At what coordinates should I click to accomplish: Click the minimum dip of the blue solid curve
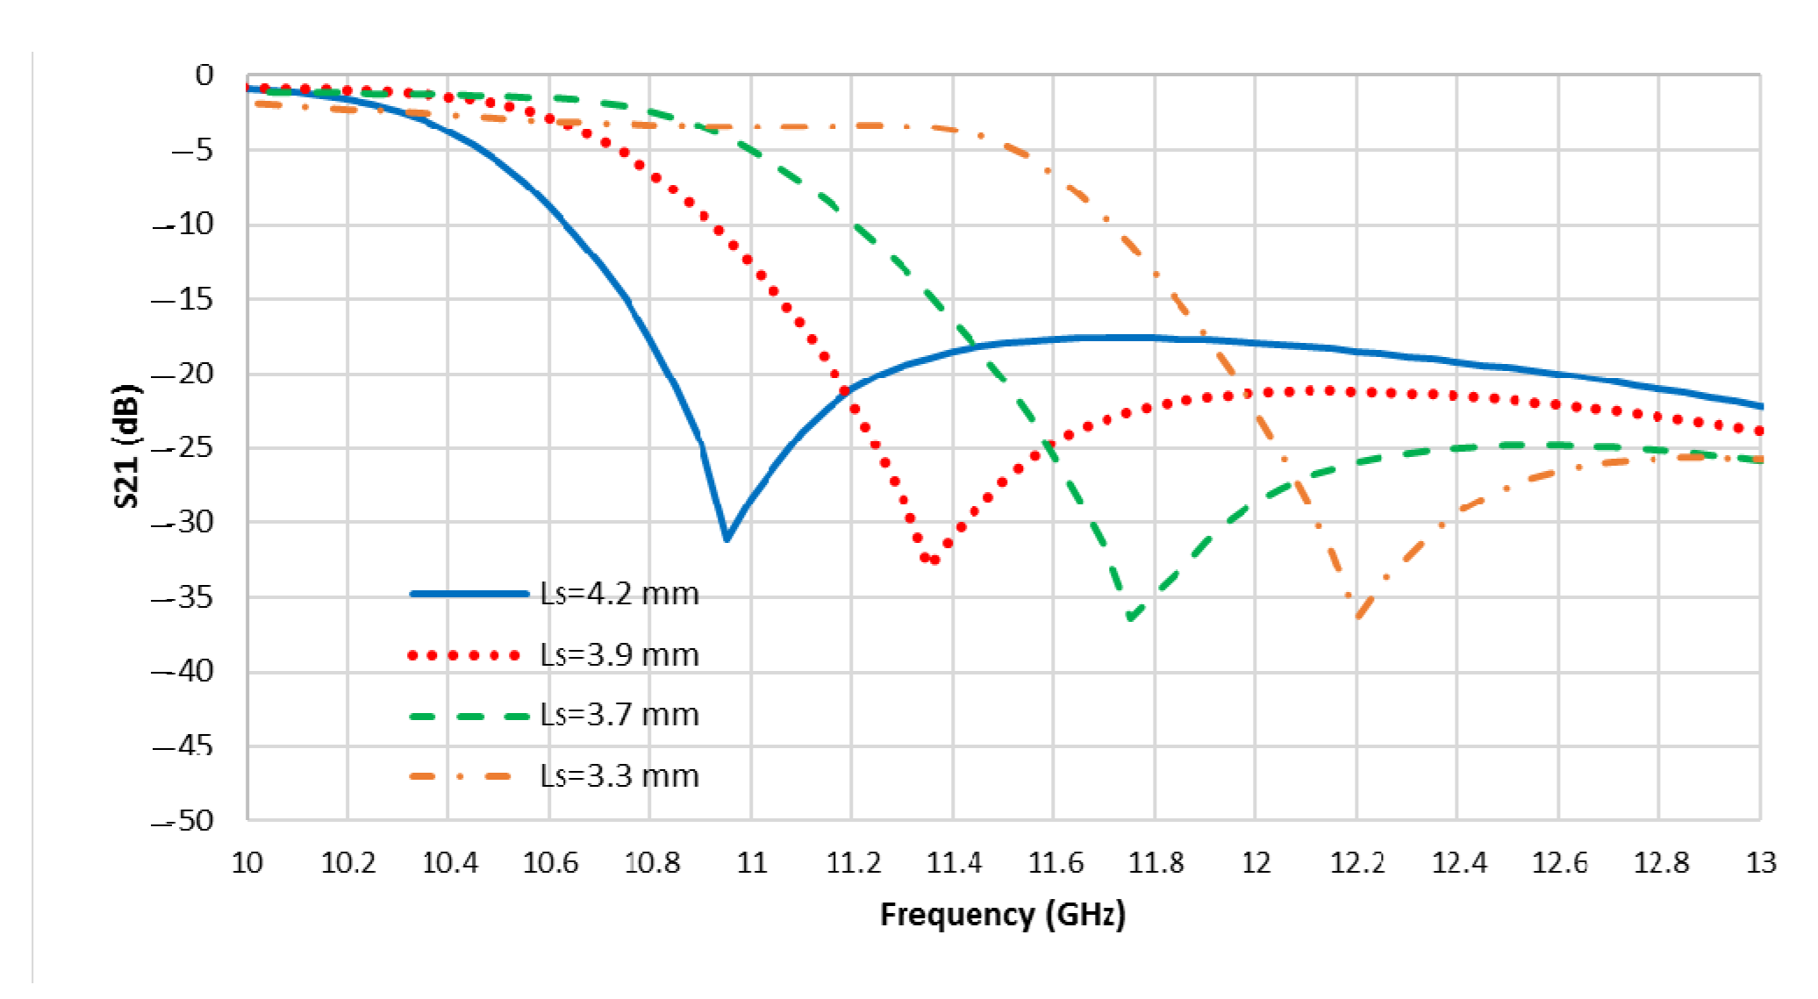coord(726,539)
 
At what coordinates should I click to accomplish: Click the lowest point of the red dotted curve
coord(933,560)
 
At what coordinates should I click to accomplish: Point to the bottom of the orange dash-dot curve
coord(1358,617)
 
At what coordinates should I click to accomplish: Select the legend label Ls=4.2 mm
coord(619,594)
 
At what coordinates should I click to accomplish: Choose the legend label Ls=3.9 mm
coord(619,655)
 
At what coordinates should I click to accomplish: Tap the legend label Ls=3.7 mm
coord(619,715)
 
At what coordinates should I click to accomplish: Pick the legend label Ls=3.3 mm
coord(619,776)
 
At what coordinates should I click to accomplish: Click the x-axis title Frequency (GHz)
coord(1002,915)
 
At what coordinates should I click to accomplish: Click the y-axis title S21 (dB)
coord(126,446)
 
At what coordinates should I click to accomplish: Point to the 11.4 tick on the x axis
coord(954,863)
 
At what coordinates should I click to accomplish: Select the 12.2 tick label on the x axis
coord(1357,863)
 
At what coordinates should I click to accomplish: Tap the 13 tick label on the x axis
coord(1760,863)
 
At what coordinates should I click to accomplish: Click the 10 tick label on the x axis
coord(247,863)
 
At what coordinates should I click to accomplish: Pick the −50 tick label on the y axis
coord(183,821)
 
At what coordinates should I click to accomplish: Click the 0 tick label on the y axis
coord(204,75)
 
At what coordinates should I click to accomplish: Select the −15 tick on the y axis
coord(183,300)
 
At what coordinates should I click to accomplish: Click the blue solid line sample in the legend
coord(469,594)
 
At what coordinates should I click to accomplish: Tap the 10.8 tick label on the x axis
coord(651,863)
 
